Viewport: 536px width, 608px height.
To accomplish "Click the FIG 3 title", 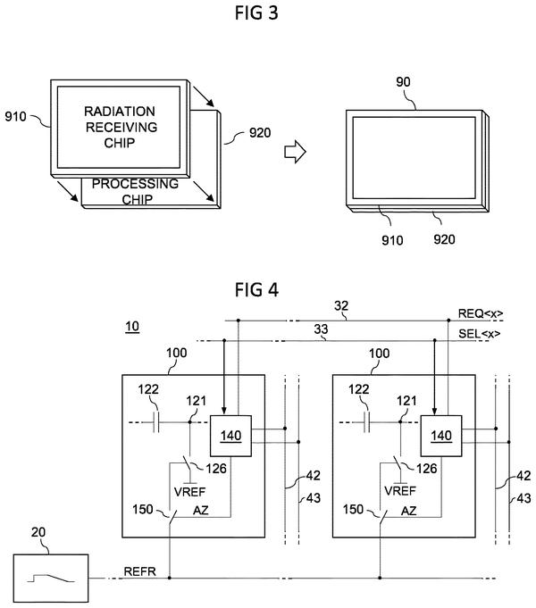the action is click(x=256, y=12).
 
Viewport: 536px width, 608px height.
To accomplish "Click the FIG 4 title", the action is click(x=256, y=289).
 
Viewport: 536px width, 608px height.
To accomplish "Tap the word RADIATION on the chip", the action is click(x=120, y=112).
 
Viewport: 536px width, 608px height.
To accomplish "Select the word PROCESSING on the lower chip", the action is click(x=135, y=184).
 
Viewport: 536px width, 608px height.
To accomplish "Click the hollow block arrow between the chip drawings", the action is click(x=295, y=151).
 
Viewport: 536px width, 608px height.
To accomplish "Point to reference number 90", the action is click(x=403, y=82).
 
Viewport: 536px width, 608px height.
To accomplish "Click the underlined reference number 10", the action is click(x=132, y=327).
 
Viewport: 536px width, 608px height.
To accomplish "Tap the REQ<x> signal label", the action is click(x=481, y=313).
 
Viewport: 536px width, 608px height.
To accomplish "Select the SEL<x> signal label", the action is click(x=480, y=334).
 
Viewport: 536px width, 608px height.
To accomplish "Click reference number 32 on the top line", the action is click(x=341, y=306).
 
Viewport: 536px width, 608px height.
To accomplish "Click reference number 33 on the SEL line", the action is click(x=321, y=329).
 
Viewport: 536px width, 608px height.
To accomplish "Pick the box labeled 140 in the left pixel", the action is click(x=230, y=436).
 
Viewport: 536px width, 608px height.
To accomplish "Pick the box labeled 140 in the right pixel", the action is click(x=441, y=436).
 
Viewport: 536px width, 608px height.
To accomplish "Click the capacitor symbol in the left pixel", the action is click(x=156, y=422).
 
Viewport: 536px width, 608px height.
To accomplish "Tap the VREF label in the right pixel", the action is click(x=400, y=491).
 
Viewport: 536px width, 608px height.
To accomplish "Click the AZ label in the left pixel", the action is click(x=201, y=511).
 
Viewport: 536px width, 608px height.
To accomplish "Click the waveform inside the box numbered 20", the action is click(x=51, y=579).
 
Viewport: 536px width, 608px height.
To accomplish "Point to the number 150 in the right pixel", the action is click(x=353, y=509).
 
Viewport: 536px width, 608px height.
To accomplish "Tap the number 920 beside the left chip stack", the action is click(x=260, y=133).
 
